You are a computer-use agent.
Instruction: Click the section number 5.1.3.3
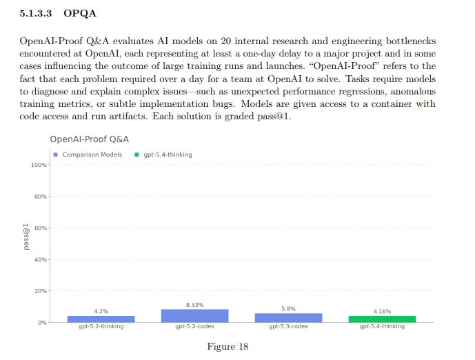coord(36,13)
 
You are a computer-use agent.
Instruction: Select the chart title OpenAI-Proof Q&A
coord(90,139)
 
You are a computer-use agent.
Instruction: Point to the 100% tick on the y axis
coord(38,166)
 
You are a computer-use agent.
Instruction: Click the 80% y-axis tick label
coord(40,197)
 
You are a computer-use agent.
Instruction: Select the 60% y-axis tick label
coord(40,228)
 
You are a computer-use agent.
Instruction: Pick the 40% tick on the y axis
coord(40,260)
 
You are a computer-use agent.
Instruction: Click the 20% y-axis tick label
coord(40,291)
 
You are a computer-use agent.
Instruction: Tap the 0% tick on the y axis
coord(41,322)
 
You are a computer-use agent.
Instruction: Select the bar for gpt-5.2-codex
coord(194,316)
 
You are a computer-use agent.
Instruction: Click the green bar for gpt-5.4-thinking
coord(382,319)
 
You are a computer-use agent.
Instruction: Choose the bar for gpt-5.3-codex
coord(288,318)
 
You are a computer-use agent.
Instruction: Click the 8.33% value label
coord(194,304)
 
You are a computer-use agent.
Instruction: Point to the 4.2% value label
coord(101,311)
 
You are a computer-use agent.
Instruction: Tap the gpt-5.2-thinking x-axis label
coord(101,326)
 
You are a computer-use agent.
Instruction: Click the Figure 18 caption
coord(227,346)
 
